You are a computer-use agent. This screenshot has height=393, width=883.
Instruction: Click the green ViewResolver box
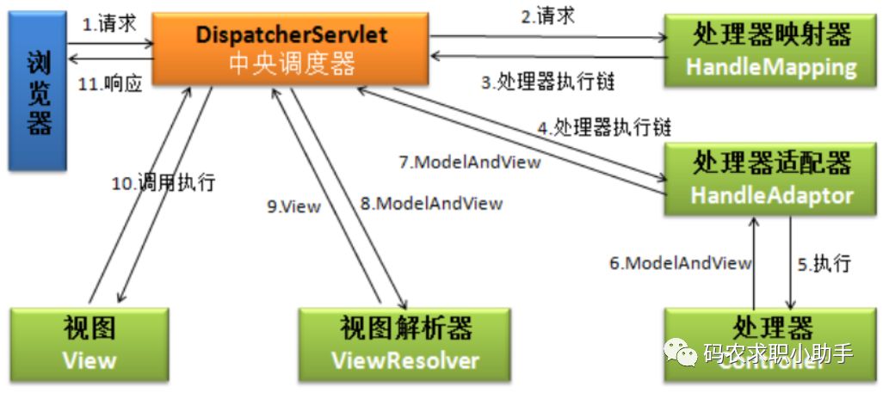coord(405,343)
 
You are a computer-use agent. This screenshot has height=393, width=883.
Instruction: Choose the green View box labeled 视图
coord(90,343)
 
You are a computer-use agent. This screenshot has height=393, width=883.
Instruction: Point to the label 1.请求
coord(109,24)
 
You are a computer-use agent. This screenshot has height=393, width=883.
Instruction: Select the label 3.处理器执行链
coord(549,83)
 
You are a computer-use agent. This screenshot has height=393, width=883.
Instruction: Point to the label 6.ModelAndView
coord(681,263)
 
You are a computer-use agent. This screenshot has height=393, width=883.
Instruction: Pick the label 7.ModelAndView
coord(470,161)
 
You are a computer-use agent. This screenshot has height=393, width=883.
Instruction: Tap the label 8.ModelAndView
coord(431,203)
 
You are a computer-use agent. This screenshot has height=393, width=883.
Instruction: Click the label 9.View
coord(293,206)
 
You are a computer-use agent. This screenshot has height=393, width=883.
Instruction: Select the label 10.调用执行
coord(164,182)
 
